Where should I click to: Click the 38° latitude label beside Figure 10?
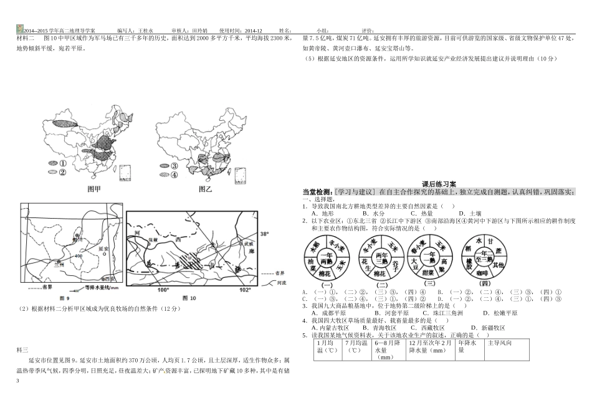(264, 234)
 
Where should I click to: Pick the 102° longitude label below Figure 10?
(245, 290)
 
